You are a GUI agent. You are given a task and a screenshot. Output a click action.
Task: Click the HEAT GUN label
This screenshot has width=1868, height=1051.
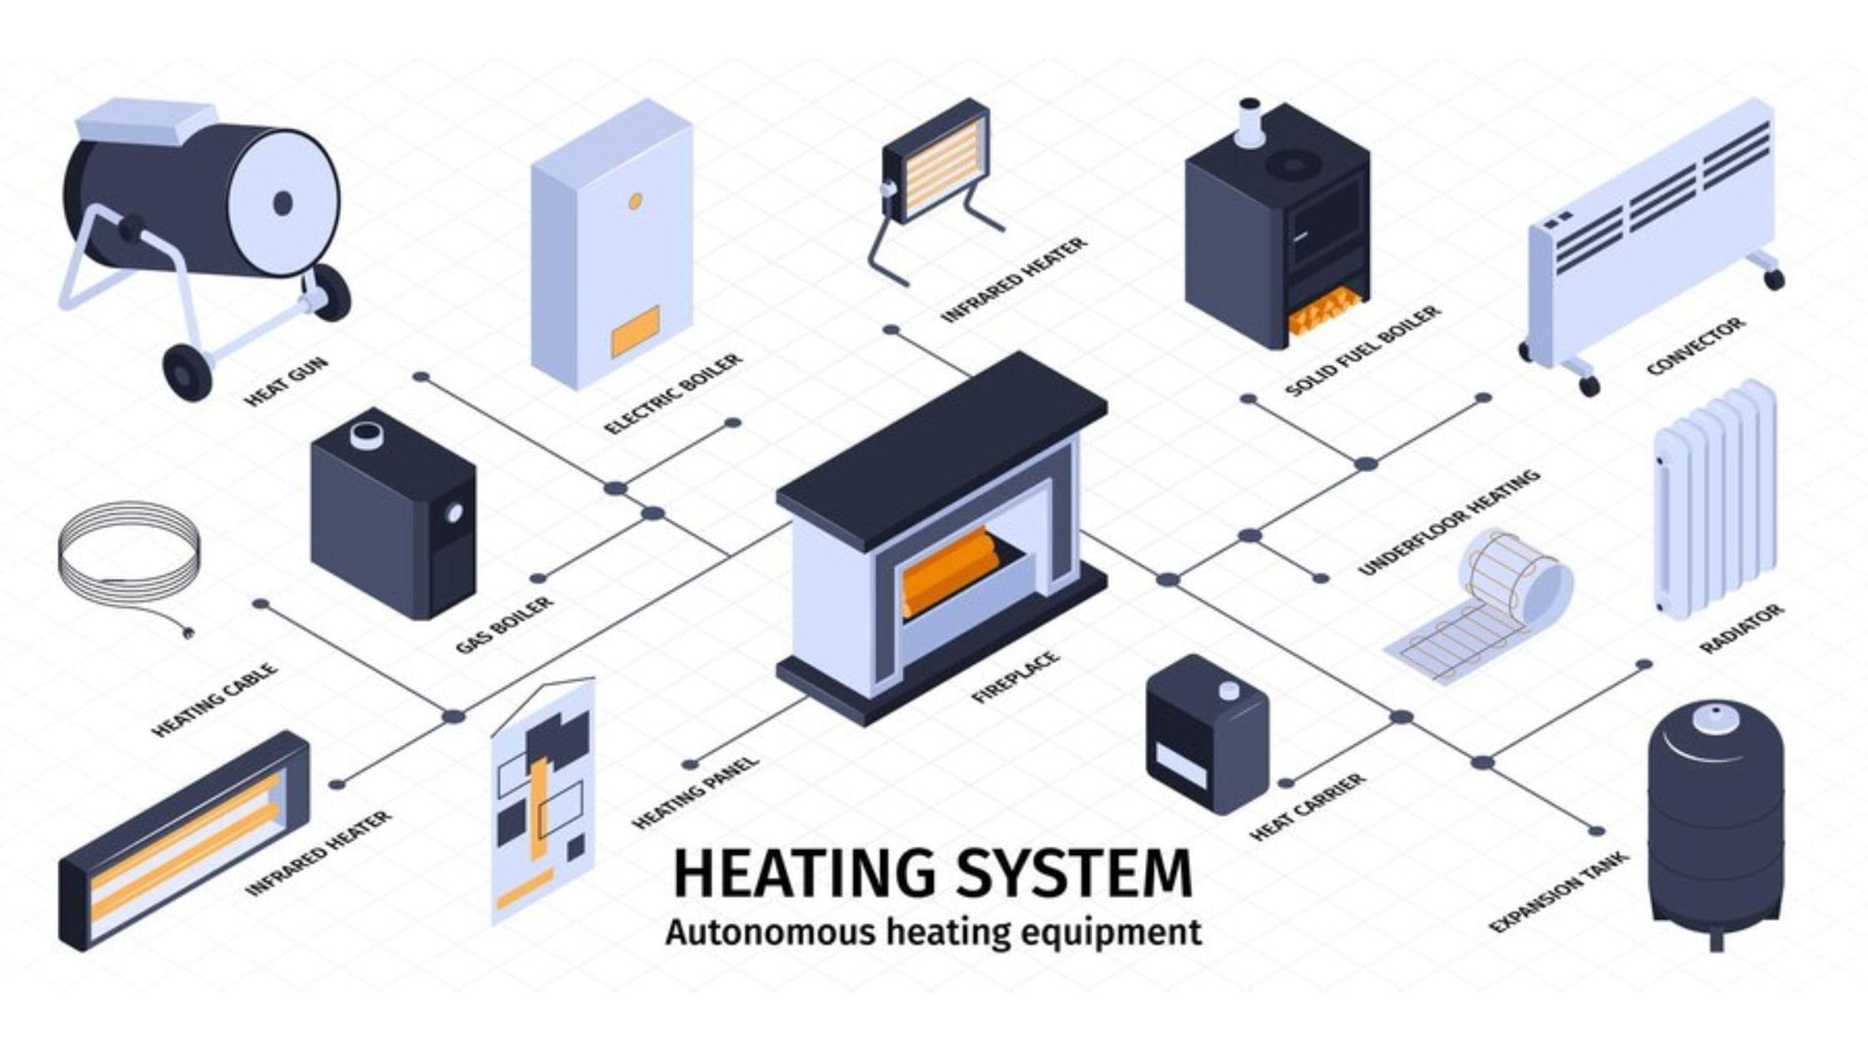point(286,381)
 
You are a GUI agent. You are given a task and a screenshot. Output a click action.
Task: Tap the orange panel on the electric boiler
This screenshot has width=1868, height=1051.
point(635,330)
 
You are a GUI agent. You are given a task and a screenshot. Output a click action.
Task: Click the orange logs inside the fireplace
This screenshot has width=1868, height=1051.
point(951,571)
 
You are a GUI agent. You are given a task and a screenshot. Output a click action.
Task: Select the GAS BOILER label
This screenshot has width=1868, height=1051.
point(505,625)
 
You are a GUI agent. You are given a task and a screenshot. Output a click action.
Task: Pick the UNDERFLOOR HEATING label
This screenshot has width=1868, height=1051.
point(1449,522)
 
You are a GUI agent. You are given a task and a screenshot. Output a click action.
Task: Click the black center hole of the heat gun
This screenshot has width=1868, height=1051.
point(283,203)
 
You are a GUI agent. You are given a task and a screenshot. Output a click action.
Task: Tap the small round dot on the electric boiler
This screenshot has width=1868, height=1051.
point(635,201)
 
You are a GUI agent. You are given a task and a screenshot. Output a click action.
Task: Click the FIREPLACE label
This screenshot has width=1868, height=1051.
point(1016,677)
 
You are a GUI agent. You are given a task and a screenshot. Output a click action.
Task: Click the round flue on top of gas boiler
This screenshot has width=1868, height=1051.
point(365,434)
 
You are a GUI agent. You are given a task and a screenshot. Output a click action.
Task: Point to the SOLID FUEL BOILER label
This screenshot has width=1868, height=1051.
point(1363,350)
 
